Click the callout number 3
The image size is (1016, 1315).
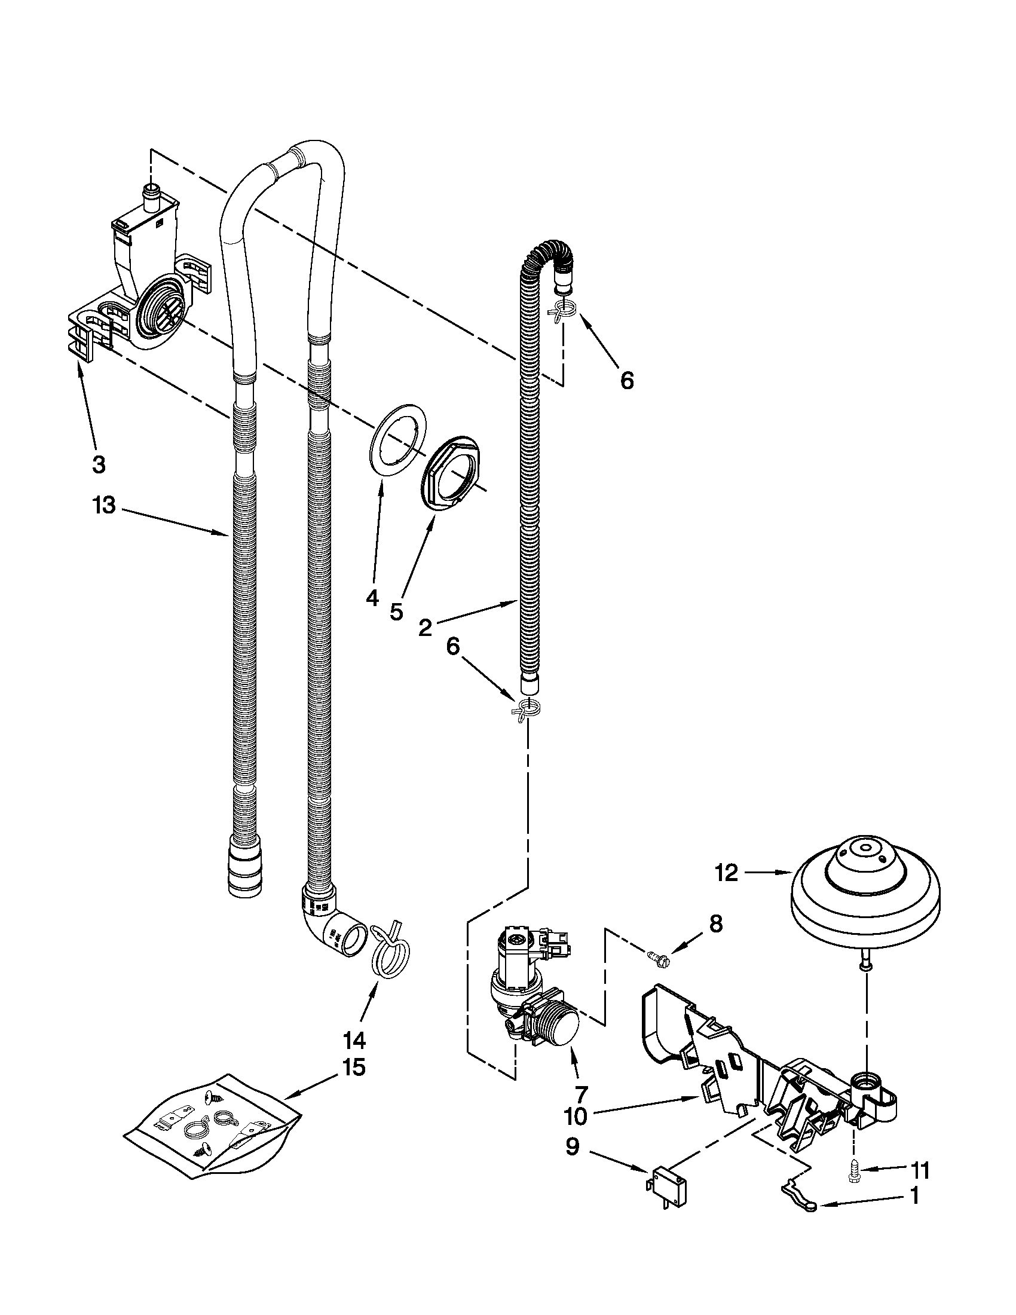pos(99,464)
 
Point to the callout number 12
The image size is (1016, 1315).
pos(727,873)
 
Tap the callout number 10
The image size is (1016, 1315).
pos(576,1117)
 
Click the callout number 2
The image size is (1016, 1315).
pos(425,628)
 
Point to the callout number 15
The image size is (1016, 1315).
pos(354,1068)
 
